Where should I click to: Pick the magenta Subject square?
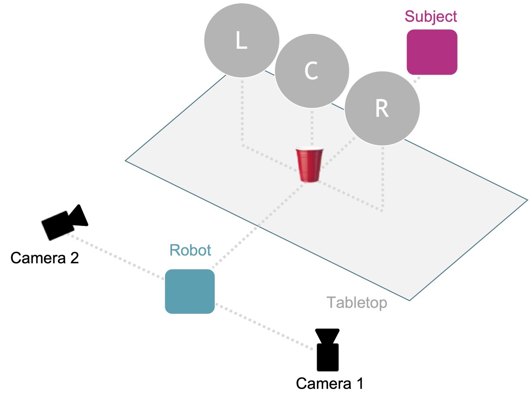point(432,52)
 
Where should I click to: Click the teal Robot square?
point(190,291)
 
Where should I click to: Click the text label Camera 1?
point(329,383)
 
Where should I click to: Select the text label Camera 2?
point(44,258)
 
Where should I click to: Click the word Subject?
point(431,17)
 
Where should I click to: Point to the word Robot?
point(190,250)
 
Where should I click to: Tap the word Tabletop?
point(357,302)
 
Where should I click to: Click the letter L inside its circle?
point(241,40)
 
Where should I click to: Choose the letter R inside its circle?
point(382,109)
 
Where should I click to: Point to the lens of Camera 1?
point(327,335)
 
